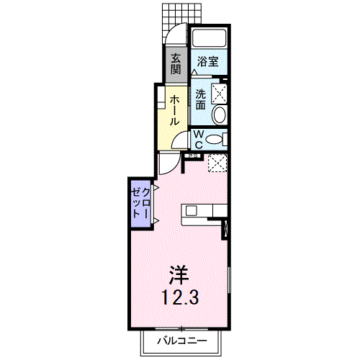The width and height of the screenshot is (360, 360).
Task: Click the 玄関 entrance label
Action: [x=176, y=64]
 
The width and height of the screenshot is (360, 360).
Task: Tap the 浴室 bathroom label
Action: [x=208, y=61]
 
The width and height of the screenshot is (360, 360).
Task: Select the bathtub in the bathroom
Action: [x=210, y=38]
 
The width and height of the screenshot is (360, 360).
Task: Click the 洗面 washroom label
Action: [x=200, y=99]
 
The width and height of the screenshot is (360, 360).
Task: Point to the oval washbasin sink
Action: [x=220, y=114]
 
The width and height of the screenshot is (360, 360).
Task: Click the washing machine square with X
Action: [x=219, y=94]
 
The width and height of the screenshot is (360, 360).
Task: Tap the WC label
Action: [x=199, y=140]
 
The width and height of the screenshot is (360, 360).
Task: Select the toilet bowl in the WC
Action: [x=215, y=140]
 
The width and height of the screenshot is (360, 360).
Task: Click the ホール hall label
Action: [x=174, y=110]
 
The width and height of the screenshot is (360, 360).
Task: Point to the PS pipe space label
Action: [x=194, y=156]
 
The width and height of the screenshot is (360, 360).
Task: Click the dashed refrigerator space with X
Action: [x=217, y=163]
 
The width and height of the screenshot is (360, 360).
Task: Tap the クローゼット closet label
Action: [x=141, y=203]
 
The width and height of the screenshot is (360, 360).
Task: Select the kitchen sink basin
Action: [x=192, y=211]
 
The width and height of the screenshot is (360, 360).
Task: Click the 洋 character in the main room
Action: [x=179, y=275]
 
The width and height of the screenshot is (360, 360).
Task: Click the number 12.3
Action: [x=180, y=297]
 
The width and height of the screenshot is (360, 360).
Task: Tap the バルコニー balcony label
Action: [x=182, y=341]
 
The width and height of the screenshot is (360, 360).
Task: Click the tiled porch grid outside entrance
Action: [x=181, y=17]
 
